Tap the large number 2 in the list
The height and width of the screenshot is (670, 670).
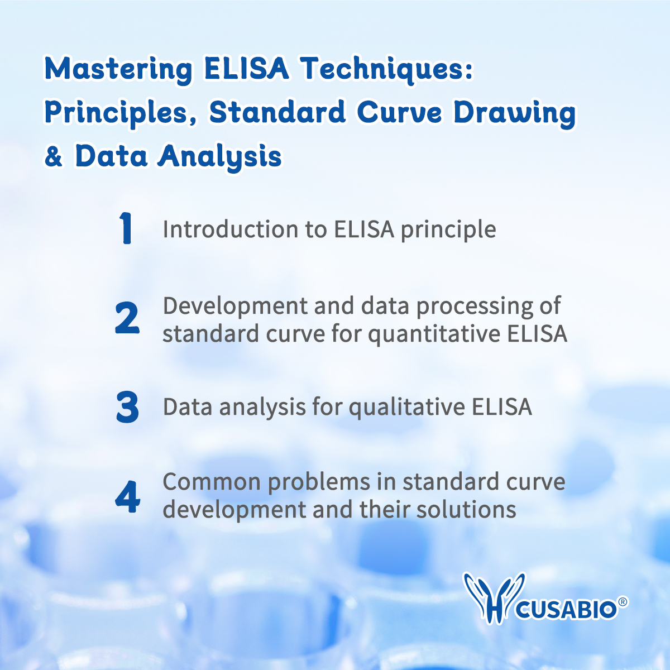pyautogui.click(x=127, y=319)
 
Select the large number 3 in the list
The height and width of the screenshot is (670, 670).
pyautogui.click(x=127, y=407)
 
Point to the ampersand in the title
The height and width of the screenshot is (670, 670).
pyautogui.click(x=54, y=156)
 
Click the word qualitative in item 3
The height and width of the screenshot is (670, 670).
pyautogui.click(x=407, y=407)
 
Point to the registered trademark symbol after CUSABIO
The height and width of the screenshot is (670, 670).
pyautogui.click(x=623, y=602)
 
